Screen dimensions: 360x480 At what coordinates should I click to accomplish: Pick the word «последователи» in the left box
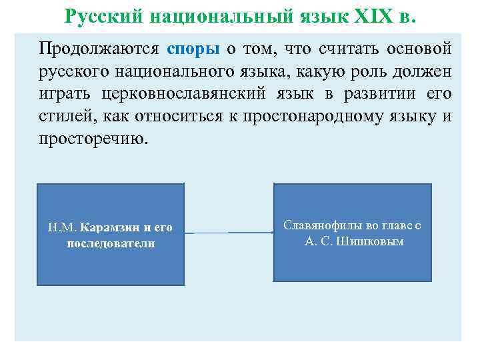point(111,243)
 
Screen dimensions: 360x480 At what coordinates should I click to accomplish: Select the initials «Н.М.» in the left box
point(62,228)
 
